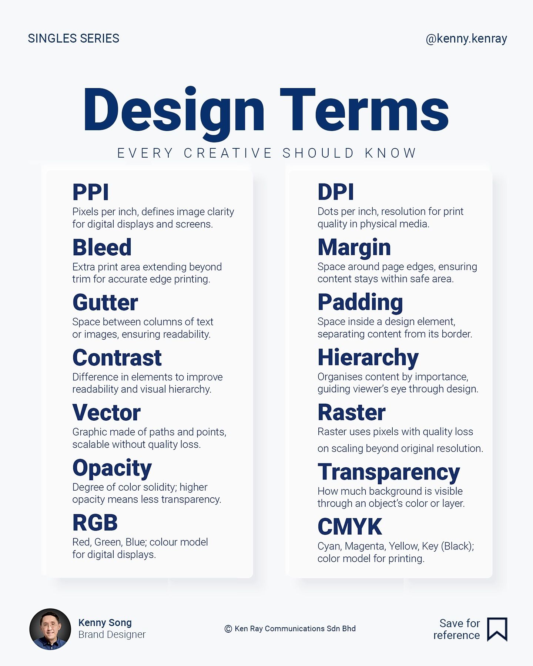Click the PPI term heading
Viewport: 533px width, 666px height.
tap(91, 192)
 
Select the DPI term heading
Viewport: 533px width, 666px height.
tap(336, 192)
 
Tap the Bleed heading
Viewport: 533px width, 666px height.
tap(102, 247)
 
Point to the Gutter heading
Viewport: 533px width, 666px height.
tap(105, 302)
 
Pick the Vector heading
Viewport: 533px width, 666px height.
tap(107, 413)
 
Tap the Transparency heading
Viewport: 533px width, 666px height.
tap(389, 473)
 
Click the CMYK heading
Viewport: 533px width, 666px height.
tap(350, 527)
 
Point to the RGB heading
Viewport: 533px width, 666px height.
tap(95, 522)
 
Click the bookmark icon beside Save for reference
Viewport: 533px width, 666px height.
tap(497, 629)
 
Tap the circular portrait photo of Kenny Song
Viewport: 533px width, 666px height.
tap(50, 629)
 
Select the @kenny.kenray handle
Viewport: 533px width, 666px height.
tap(466, 39)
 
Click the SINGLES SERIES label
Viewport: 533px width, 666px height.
tap(74, 38)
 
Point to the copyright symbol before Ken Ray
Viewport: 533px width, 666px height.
tap(228, 629)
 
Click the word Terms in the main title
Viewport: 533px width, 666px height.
tap(364, 110)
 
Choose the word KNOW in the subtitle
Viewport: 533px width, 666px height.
tap(390, 153)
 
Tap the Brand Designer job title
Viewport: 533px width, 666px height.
tap(112, 635)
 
